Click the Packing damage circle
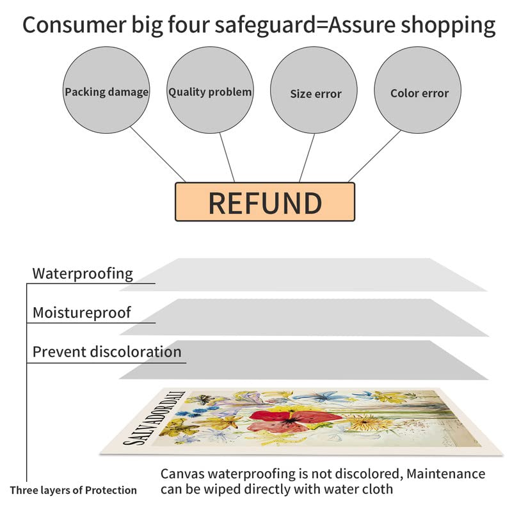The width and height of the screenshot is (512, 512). pyautogui.click(x=106, y=92)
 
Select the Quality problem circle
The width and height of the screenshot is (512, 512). pyautogui.click(x=210, y=92)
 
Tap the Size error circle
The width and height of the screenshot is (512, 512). pyautogui.click(x=316, y=93)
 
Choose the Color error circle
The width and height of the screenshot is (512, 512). pyautogui.click(x=419, y=93)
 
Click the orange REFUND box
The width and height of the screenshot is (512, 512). pyautogui.click(x=264, y=202)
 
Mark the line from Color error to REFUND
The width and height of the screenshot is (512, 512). pyautogui.click(x=374, y=156)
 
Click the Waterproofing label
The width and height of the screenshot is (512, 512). pyautogui.click(x=83, y=274)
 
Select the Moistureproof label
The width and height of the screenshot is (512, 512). pyautogui.click(x=81, y=313)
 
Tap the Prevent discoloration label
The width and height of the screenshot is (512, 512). pyautogui.click(x=107, y=352)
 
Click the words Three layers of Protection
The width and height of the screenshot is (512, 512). pyautogui.click(x=73, y=490)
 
